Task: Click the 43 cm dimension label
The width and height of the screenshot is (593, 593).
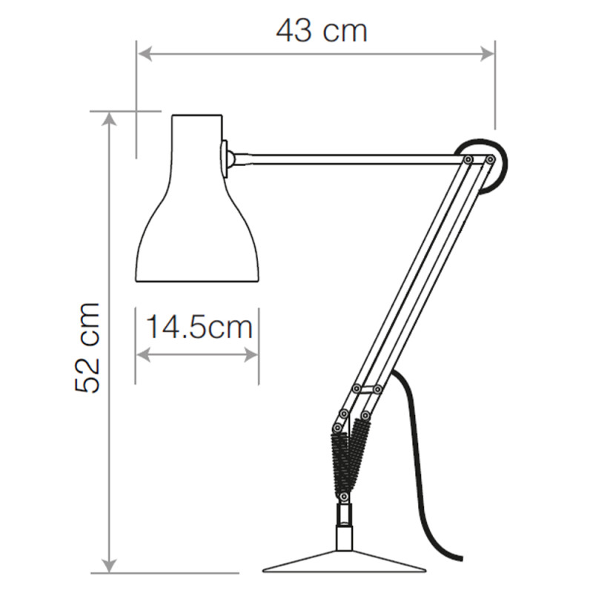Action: (x=322, y=31)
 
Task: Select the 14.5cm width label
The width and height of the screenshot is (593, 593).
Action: (x=198, y=326)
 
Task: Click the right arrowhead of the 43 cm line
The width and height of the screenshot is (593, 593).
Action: (x=488, y=53)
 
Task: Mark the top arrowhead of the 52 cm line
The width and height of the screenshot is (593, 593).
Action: (x=110, y=119)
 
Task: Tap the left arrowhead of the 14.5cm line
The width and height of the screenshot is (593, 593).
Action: (x=142, y=354)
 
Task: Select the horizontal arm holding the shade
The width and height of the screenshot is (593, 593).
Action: (x=348, y=156)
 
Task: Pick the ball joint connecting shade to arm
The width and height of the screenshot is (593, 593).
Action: (x=231, y=157)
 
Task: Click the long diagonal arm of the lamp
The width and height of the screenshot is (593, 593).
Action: (x=415, y=274)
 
